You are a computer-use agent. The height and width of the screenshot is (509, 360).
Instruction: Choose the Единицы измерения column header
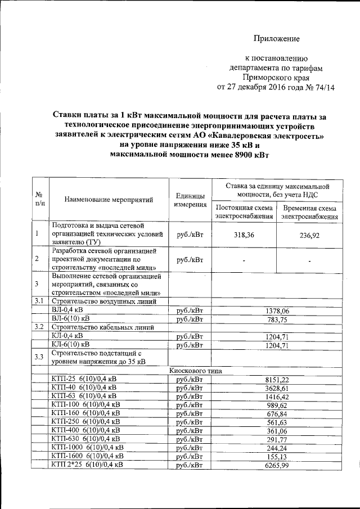pyautogui.click(x=190, y=199)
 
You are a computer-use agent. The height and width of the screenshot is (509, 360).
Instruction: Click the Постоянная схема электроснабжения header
pyautogui.click(x=244, y=211)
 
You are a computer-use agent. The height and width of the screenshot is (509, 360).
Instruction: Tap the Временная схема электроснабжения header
pyautogui.click(x=309, y=211)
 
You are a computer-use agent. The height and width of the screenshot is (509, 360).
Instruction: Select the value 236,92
pyautogui.click(x=309, y=236)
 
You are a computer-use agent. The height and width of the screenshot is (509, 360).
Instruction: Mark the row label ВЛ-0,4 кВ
pyautogui.click(x=68, y=310)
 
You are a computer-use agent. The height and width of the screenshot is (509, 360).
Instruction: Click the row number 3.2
pyautogui.click(x=39, y=327)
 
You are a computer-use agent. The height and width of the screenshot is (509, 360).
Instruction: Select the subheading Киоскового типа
pyautogui.click(x=192, y=371)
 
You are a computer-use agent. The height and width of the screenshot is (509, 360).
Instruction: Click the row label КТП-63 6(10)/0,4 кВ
pyautogui.click(x=84, y=397)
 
